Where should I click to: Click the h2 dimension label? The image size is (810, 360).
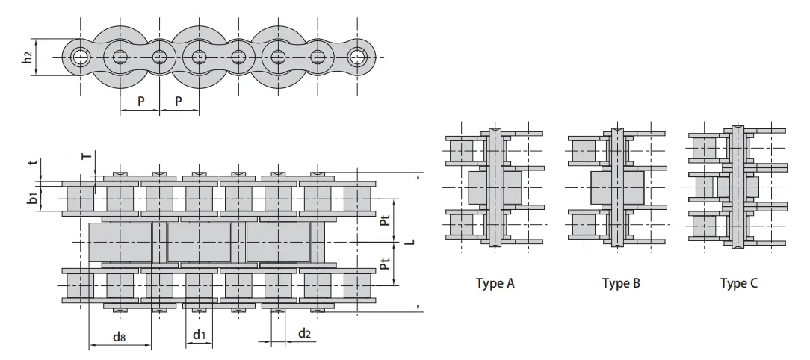pyautogui.click(x=26, y=58)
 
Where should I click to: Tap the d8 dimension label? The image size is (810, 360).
pyautogui.click(x=119, y=336)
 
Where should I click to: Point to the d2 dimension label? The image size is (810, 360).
pyautogui.click(x=304, y=333)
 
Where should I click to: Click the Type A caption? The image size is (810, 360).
pyautogui.click(x=495, y=284)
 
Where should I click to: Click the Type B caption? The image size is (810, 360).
pyautogui.click(x=621, y=284)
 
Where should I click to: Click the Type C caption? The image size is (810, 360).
pyautogui.click(x=739, y=284)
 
